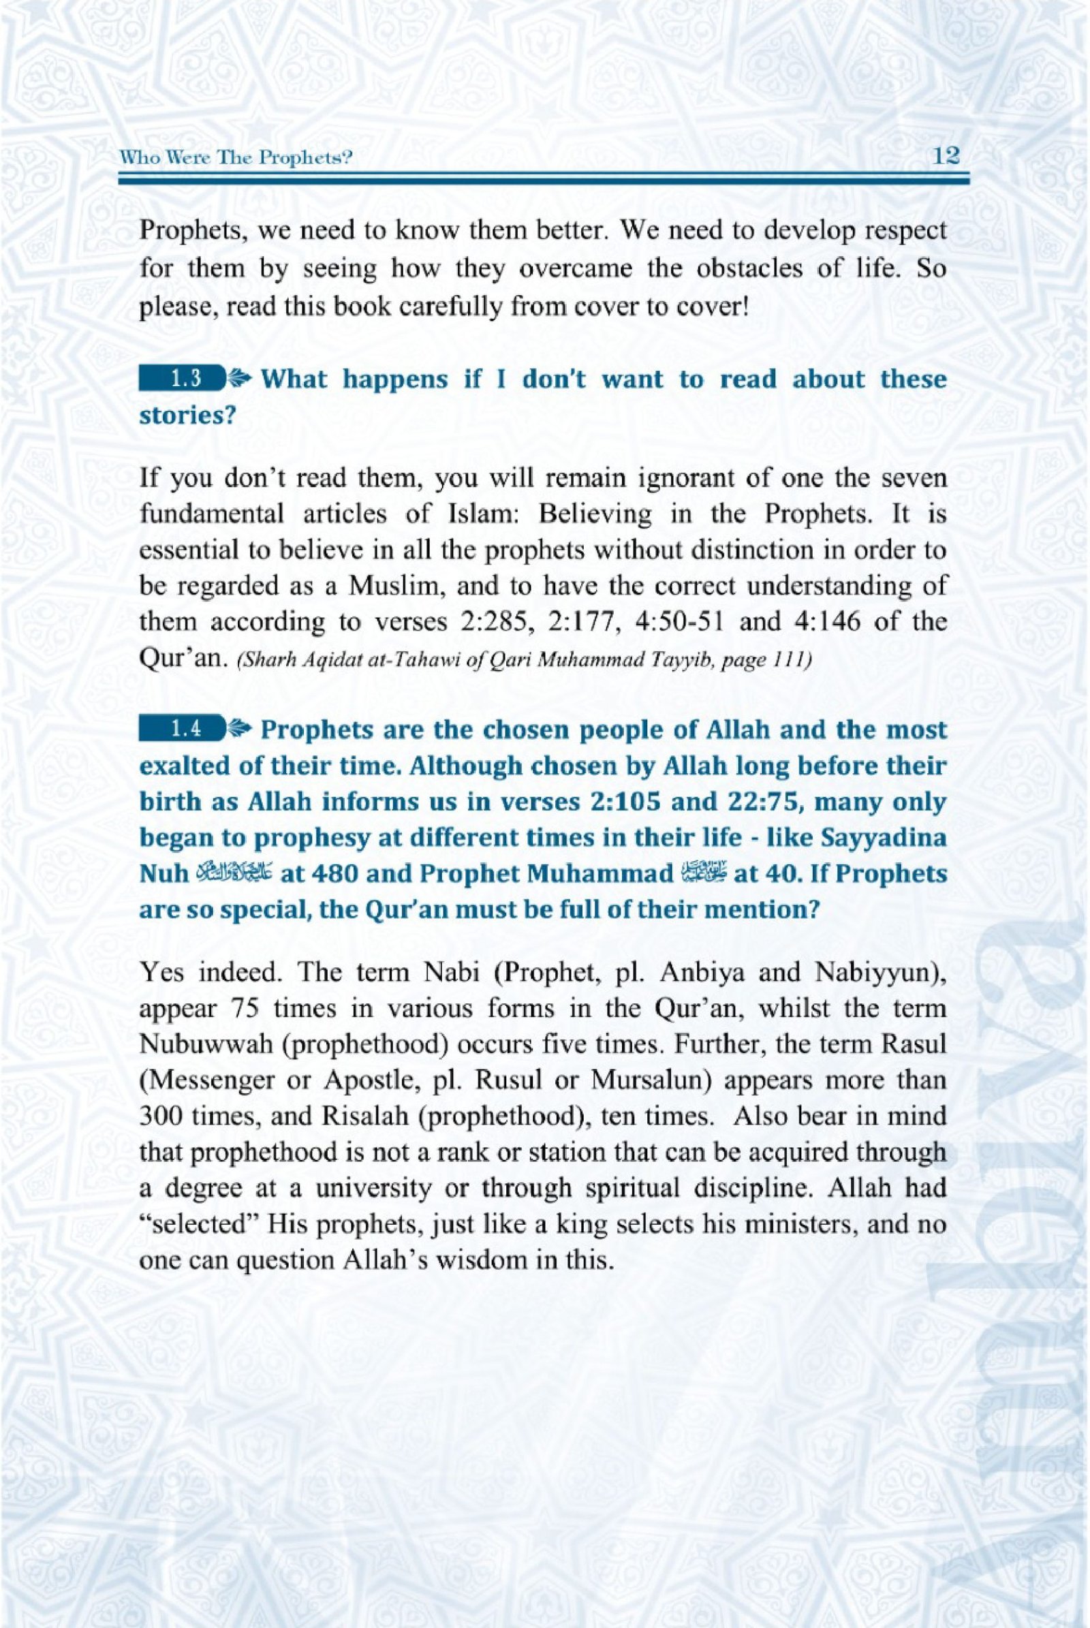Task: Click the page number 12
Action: click(x=948, y=157)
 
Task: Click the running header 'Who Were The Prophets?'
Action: click(x=234, y=159)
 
